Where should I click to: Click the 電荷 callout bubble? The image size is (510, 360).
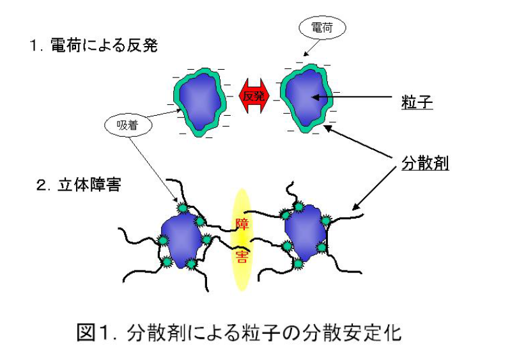[321, 27]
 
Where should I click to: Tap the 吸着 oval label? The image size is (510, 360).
[128, 125]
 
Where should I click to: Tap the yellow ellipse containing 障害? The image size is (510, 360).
[242, 240]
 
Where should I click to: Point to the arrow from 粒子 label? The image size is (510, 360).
[358, 98]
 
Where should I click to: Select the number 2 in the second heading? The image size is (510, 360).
[41, 187]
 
